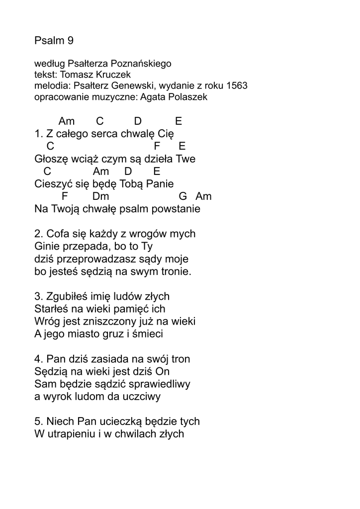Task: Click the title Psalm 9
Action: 54,41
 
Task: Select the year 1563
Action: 236,86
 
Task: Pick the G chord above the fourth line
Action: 182,196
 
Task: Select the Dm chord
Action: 100,196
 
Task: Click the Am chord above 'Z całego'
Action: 67,121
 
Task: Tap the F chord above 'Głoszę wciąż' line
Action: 157,146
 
